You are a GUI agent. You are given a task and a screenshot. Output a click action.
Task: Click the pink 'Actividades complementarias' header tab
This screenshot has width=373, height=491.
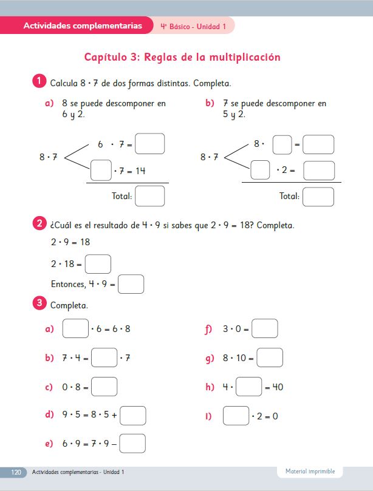tap(82, 25)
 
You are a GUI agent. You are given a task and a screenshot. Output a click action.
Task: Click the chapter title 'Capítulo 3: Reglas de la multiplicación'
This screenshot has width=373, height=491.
tap(182, 58)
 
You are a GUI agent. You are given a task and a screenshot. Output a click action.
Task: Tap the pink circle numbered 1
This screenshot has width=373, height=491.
tap(38, 81)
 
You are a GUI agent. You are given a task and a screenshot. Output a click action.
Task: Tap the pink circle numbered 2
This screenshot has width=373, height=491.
tap(38, 224)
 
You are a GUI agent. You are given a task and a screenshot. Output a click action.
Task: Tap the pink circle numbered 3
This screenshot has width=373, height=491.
tap(38, 303)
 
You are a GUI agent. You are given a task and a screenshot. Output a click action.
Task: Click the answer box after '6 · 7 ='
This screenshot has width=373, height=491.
tap(150, 144)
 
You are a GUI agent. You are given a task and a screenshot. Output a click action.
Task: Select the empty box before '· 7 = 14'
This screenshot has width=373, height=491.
tap(101, 171)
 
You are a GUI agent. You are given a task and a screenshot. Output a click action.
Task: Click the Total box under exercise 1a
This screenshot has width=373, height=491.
tap(150, 196)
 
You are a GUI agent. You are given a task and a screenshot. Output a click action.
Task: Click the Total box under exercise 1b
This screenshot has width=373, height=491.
tap(318, 197)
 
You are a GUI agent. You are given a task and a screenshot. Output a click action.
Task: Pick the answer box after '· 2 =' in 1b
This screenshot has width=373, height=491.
tap(319, 171)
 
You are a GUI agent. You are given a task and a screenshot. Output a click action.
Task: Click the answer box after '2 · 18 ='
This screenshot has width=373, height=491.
tap(98, 264)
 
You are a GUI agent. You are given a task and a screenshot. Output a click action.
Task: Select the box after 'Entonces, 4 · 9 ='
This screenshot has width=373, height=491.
tap(131, 284)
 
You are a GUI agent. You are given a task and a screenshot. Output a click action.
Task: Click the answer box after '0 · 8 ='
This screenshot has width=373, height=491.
tap(104, 387)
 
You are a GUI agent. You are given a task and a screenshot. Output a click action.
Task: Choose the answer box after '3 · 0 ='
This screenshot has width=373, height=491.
tap(265, 329)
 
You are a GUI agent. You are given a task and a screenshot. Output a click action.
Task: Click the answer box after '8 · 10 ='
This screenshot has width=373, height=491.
tap(270, 357)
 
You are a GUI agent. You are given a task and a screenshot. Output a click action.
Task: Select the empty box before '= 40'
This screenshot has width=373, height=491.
tap(248, 387)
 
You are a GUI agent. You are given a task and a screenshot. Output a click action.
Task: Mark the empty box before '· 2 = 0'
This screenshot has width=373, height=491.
tap(236, 416)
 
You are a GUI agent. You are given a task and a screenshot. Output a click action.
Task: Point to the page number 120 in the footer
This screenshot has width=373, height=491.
tap(16, 472)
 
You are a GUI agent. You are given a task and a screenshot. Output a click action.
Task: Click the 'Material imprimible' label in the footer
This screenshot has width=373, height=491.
tap(310, 472)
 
